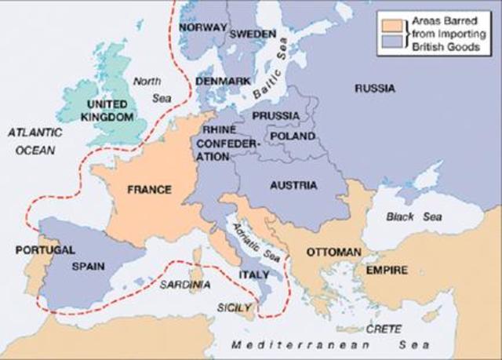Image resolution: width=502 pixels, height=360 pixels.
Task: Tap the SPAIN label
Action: pyautogui.click(x=88, y=266)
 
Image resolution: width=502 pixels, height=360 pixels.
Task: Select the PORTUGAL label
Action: pyautogui.click(x=45, y=250)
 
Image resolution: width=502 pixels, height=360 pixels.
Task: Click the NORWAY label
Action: pyautogui.click(x=202, y=27)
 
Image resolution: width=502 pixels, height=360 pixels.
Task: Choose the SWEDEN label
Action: pyautogui.click(x=252, y=35)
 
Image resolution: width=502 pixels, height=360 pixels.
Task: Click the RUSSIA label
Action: pyautogui.click(x=374, y=89)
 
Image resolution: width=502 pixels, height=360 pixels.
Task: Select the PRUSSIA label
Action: pyautogui.click(x=275, y=115)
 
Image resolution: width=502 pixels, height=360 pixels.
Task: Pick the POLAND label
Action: pyautogui.click(x=292, y=136)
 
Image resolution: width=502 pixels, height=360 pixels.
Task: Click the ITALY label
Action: pyautogui.click(x=254, y=275)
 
